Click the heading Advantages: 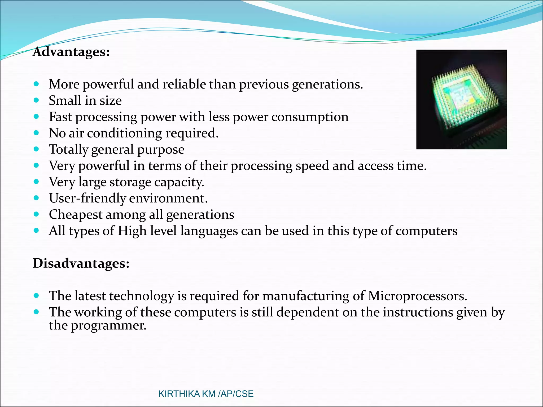(71, 52)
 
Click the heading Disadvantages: (81, 263)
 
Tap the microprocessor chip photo (461, 99)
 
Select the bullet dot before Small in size (36, 100)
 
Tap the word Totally (68, 149)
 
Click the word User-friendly (87, 198)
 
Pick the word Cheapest (76, 215)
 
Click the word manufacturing (306, 296)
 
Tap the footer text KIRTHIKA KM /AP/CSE (206, 394)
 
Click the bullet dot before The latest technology (36, 295)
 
